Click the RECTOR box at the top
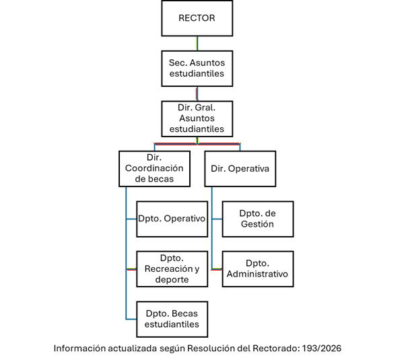(197, 19)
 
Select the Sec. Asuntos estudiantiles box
(197, 67)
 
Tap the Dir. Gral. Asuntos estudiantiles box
(197, 118)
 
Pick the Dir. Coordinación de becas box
(154, 168)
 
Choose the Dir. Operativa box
(240, 168)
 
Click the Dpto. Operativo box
(172, 219)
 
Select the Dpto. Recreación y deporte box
(172, 268)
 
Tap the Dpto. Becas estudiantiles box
(172, 318)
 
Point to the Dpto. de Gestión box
(258, 219)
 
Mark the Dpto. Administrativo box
(258, 268)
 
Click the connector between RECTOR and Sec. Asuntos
(197, 43)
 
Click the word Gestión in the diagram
(258, 224)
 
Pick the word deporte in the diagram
(172, 279)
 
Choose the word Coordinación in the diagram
(154, 168)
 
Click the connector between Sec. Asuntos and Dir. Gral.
(197, 93)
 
